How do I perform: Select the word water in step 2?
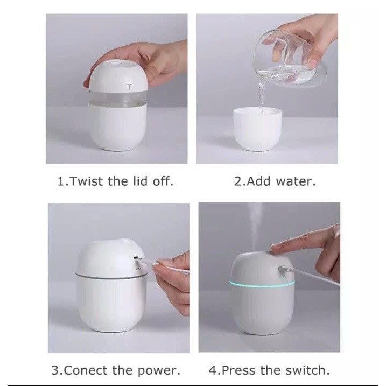(295, 181)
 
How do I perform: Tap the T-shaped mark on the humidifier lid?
(129, 87)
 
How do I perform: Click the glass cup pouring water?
(288, 59)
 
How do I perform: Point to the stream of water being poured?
(262, 95)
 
